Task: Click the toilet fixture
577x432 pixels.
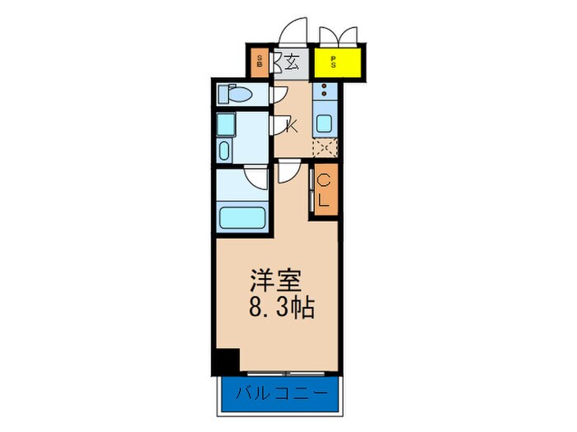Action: [234, 95]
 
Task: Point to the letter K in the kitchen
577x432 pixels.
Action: [292, 125]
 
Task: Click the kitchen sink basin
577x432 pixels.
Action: [324, 125]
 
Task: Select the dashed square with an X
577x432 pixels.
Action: [324, 149]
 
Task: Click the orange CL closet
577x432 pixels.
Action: [324, 191]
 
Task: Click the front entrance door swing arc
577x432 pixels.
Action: [291, 30]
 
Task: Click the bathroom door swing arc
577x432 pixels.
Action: [256, 179]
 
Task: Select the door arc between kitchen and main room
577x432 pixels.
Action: [289, 171]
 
